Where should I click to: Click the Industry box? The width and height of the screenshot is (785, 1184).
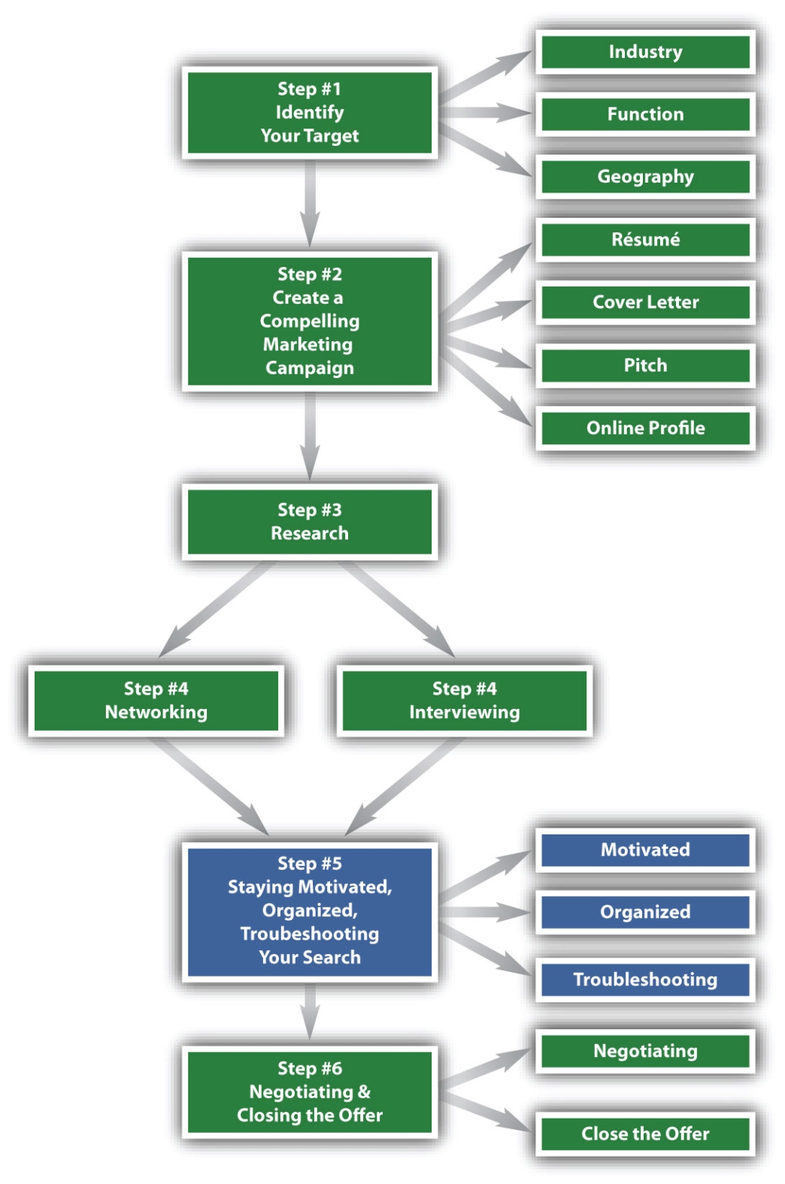coord(645,52)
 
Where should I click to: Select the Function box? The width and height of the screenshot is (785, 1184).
coord(645,114)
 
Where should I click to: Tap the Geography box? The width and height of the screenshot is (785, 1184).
coord(645,177)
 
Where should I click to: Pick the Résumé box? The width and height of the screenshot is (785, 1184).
coord(645,240)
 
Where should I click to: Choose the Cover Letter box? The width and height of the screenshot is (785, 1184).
coord(645,302)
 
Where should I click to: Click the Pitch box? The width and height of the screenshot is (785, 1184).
coord(645,365)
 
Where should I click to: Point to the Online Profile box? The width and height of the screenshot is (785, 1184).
coord(645,428)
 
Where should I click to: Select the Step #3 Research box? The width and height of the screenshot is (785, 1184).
coord(310,522)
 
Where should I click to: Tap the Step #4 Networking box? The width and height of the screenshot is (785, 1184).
coord(156,701)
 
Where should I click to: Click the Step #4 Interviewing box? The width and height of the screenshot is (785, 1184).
coord(464,701)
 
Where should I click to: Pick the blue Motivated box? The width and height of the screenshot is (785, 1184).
coord(645,850)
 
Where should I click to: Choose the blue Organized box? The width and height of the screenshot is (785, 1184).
coord(645,913)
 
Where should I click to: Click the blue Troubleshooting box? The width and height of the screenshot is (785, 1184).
coord(645,980)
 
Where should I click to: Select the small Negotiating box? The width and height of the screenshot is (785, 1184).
coord(645,1052)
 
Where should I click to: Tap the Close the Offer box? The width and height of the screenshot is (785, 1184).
coord(645,1134)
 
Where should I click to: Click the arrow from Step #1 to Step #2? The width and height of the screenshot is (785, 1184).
coord(311,204)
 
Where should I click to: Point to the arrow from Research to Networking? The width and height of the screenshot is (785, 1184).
coord(216,609)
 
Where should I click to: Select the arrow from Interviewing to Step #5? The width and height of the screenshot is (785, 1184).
coord(405,786)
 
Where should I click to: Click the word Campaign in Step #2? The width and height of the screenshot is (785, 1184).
coord(310,368)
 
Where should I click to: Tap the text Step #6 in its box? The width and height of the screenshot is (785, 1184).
coord(310,1068)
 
